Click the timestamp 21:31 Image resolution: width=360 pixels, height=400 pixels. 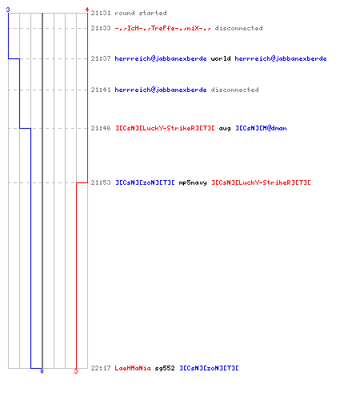(101, 13)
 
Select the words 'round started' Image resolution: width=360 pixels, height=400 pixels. (141, 13)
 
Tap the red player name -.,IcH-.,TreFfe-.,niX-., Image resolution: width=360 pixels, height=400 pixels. (162, 28)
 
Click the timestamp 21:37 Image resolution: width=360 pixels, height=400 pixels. (101, 58)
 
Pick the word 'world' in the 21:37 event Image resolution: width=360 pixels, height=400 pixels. (221, 58)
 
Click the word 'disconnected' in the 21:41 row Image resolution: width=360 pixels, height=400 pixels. (235, 90)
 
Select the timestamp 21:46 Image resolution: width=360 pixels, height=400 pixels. (101, 128)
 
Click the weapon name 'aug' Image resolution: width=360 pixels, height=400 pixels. (225, 129)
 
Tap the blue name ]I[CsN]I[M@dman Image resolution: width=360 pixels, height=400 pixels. (261, 128)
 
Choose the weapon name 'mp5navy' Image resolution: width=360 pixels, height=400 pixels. (193, 183)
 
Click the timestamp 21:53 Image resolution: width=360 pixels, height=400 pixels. (101, 182)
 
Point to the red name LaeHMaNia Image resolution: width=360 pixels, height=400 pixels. (133, 368)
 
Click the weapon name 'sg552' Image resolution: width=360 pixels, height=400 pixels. (165, 368)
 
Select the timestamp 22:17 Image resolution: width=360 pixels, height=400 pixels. (101, 368)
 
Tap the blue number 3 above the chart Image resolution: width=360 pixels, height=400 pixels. (8, 10)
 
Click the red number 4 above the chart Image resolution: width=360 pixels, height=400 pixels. (87, 10)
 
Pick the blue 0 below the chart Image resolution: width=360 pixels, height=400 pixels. (42, 371)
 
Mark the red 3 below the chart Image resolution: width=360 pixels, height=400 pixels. (76, 371)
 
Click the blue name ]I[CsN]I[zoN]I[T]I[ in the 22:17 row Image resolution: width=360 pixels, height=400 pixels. (209, 368)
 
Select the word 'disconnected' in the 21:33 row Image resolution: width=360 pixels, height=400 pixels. (239, 28)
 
